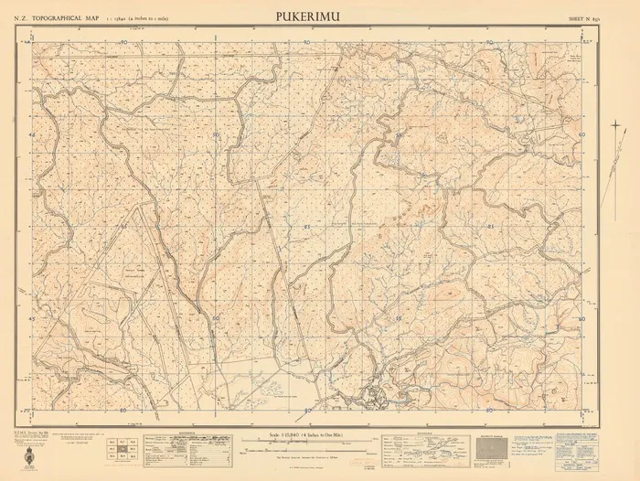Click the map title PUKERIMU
click(x=310, y=16)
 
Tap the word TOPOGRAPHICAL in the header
click(x=68, y=17)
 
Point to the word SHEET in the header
click(x=577, y=17)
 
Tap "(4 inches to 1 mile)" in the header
click(x=160, y=17)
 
